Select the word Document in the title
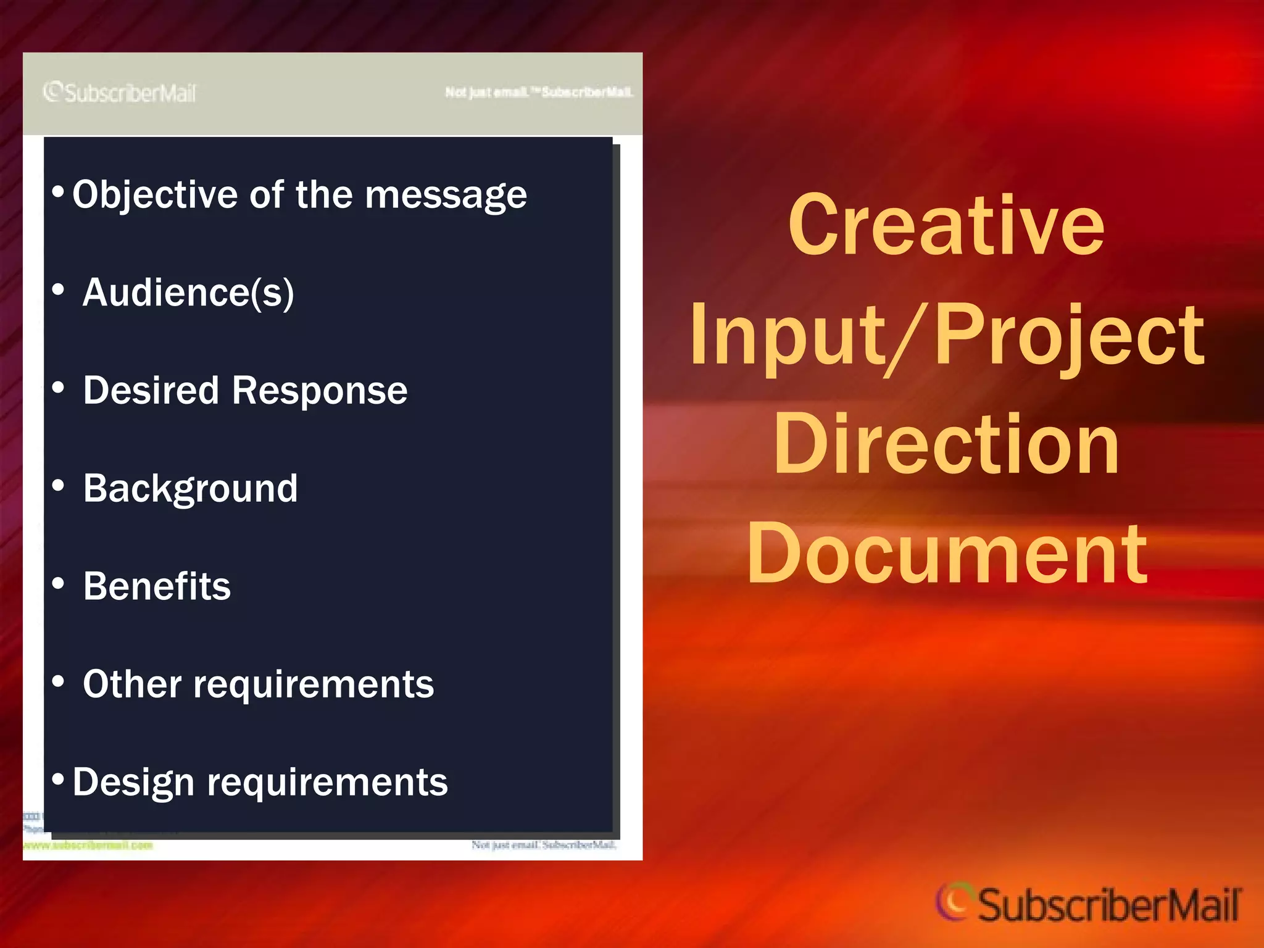(946, 554)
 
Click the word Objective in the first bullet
(154, 196)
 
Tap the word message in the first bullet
(446, 196)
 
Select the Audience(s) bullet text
(188, 293)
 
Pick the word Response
(320, 391)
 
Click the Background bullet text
(190, 489)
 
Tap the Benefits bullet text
(157, 586)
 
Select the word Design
(133, 783)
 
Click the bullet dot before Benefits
(59, 583)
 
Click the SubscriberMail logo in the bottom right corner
(1088, 904)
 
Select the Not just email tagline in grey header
(539, 93)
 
